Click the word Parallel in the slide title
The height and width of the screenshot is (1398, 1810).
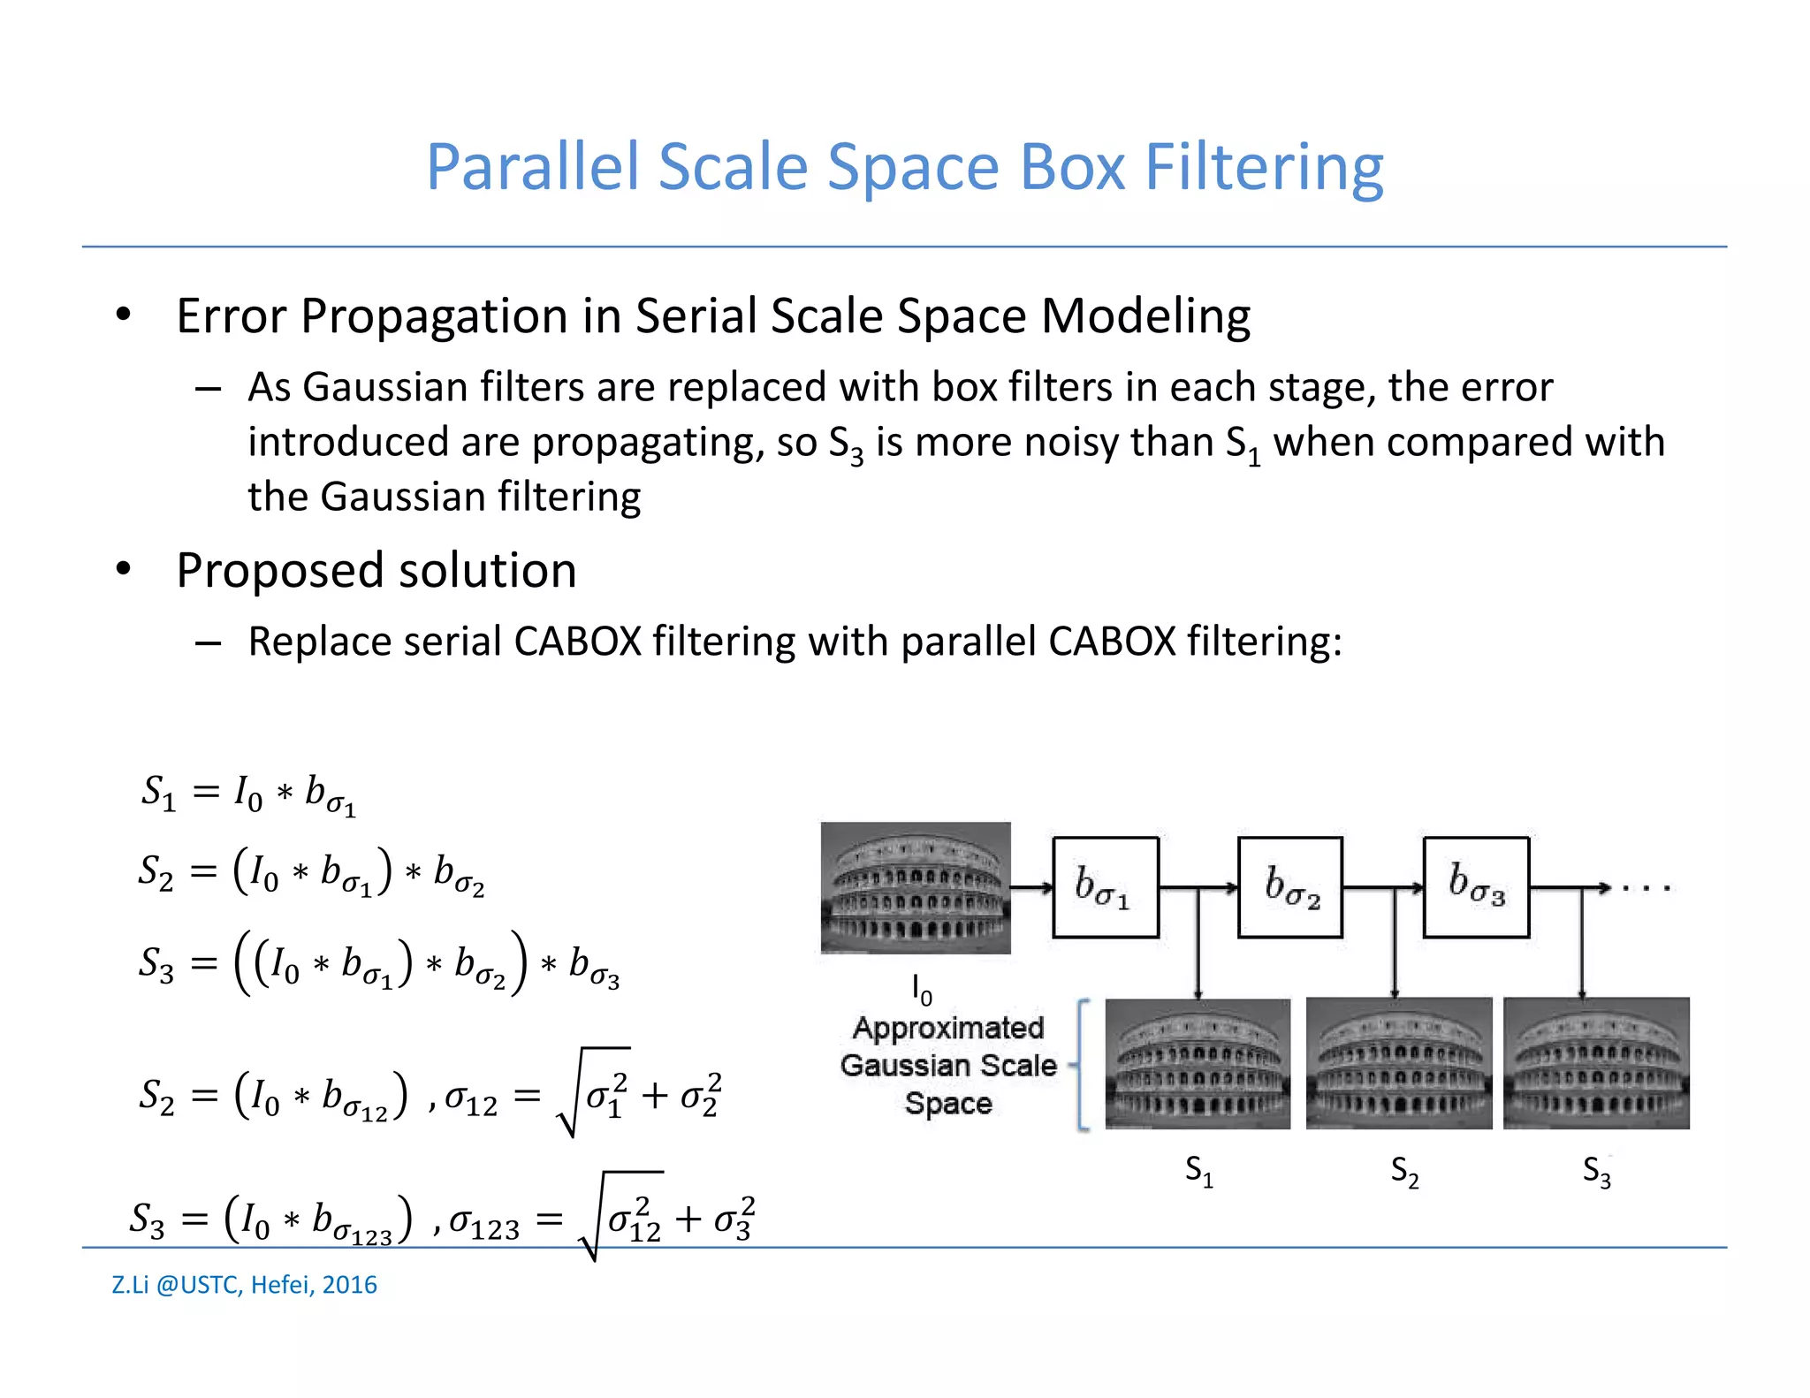pyautogui.click(x=532, y=167)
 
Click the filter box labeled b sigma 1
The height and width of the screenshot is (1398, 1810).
pyautogui.click(x=1105, y=887)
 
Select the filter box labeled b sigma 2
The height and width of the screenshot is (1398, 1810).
pyautogui.click(x=1290, y=887)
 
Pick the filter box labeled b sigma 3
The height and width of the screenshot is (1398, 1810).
pyautogui.click(x=1476, y=887)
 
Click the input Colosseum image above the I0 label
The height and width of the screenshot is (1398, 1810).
pyautogui.click(x=916, y=887)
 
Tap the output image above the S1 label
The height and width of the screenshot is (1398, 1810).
pyautogui.click(x=1198, y=1063)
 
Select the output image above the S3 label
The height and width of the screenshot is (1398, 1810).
pyautogui.click(x=1596, y=1063)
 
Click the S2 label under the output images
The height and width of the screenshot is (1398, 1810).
pyautogui.click(x=1404, y=1172)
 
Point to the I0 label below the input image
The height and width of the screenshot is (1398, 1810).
pyautogui.click(x=922, y=990)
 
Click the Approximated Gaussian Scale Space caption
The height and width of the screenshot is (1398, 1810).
pyautogui.click(x=947, y=1066)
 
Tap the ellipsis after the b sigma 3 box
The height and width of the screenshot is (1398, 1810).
pyautogui.click(x=1646, y=888)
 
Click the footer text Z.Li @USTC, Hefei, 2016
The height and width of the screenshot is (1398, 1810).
pyautogui.click(x=244, y=1284)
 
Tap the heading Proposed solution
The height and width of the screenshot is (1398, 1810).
pyautogui.click(x=376, y=570)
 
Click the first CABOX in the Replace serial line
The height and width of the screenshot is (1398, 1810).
pyautogui.click(x=577, y=642)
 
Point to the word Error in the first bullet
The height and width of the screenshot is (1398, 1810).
pyautogui.click(x=232, y=316)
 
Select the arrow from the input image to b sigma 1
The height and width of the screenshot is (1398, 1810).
pyautogui.click(x=1031, y=887)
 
